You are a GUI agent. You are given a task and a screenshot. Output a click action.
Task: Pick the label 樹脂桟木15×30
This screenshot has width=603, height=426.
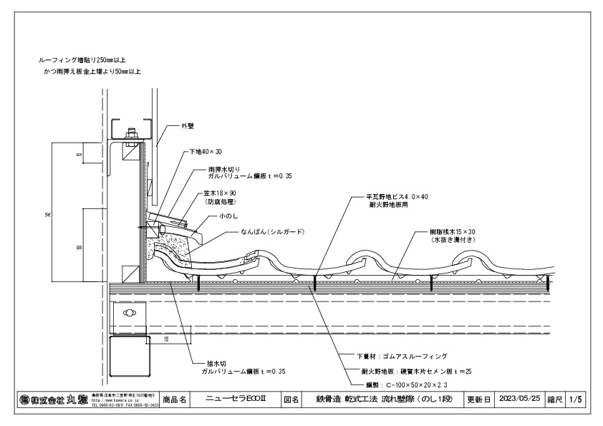(x=453, y=233)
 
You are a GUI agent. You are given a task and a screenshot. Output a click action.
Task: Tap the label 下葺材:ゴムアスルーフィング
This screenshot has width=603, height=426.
(x=402, y=355)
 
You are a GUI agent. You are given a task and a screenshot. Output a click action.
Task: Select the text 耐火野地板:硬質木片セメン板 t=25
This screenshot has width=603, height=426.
(x=415, y=372)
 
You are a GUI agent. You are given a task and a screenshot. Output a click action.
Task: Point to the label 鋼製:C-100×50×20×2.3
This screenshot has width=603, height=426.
(x=410, y=386)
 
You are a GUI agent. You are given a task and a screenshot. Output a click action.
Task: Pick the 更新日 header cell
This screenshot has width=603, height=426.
(x=479, y=400)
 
